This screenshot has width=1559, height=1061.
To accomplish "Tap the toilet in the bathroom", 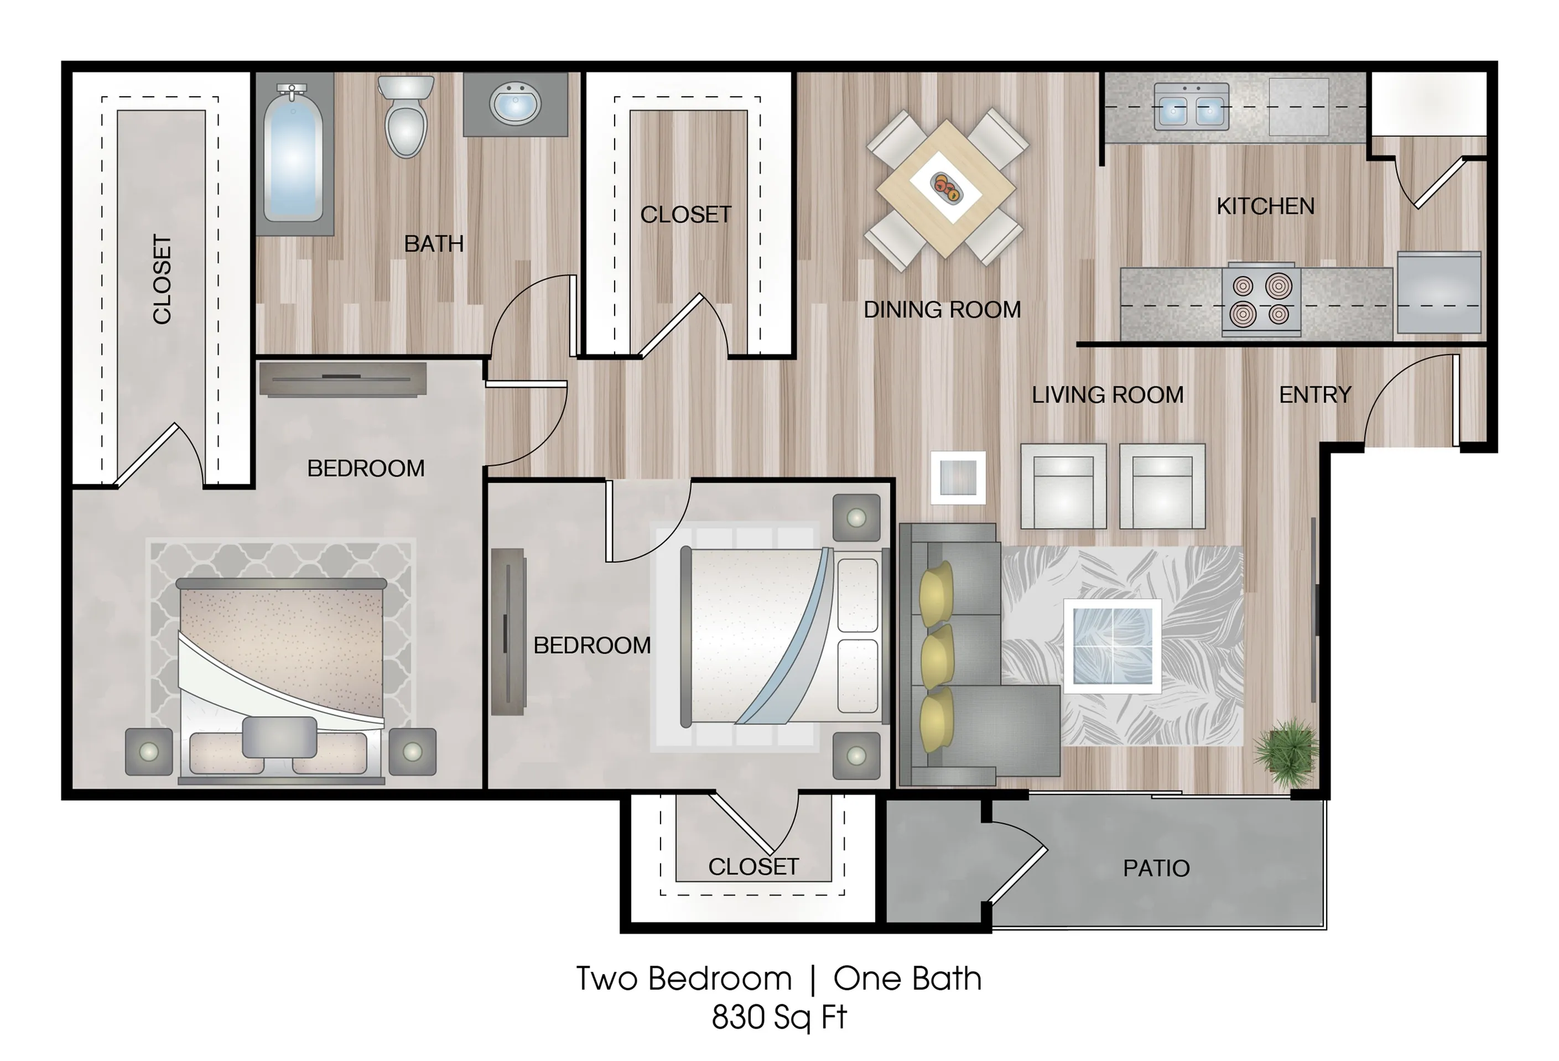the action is (406, 116).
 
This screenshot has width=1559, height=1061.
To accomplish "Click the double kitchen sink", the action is (1192, 107).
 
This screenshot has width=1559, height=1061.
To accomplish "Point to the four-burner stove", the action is (1261, 299).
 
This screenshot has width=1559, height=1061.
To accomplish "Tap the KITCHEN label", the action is (1265, 206).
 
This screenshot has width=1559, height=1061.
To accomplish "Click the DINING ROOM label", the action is (942, 310).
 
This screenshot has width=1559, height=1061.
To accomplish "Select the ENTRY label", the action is (1315, 395).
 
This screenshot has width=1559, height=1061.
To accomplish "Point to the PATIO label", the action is (1156, 868).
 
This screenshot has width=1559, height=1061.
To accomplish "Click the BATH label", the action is (433, 243).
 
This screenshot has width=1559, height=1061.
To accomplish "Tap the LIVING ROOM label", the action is (1108, 395).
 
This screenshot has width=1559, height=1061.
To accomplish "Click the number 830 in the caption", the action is (738, 1017).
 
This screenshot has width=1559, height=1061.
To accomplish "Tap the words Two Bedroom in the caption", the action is (684, 979).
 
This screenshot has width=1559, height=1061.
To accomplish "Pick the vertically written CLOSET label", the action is (162, 279).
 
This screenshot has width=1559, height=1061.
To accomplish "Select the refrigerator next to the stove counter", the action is (1439, 293).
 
